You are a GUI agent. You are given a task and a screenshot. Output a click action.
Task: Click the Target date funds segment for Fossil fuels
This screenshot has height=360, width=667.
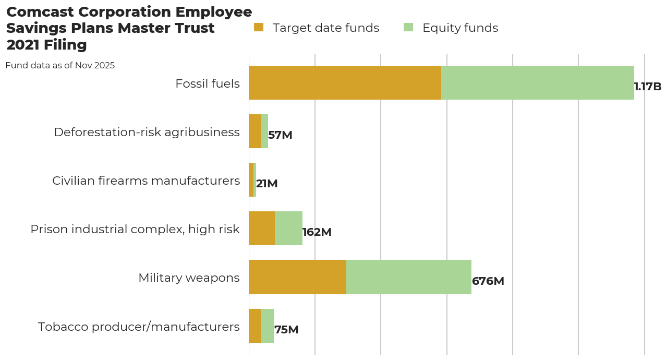[x=345, y=82]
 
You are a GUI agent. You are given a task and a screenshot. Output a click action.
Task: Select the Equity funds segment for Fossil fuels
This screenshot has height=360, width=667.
[x=537, y=82]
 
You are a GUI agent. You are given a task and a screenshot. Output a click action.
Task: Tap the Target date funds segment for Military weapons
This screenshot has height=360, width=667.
[x=297, y=277]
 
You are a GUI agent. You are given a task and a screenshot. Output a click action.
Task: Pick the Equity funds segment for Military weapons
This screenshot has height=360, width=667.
[x=408, y=277]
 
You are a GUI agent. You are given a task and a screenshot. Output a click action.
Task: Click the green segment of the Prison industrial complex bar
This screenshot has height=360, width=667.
[x=288, y=229]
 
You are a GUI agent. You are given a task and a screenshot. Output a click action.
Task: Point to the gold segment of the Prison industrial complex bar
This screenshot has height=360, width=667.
[x=262, y=229]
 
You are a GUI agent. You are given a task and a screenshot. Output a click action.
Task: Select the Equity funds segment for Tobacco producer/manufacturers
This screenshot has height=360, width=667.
[x=268, y=326]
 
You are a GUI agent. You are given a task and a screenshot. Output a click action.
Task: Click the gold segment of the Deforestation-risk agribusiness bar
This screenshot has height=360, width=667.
[x=255, y=131]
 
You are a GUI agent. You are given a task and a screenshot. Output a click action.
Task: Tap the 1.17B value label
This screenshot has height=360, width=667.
[x=647, y=87]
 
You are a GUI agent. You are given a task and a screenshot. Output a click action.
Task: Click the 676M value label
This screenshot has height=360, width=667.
[x=488, y=281]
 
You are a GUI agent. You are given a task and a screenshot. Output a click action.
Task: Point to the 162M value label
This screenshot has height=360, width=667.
[x=317, y=232]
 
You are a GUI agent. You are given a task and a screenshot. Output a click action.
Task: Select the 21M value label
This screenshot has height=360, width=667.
[x=266, y=184]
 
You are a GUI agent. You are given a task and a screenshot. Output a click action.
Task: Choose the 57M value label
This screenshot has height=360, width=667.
[x=280, y=135]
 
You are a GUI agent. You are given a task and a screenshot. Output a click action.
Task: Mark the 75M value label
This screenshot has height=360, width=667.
[x=286, y=330]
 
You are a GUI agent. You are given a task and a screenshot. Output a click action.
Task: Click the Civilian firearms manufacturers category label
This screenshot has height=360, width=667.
[x=146, y=181]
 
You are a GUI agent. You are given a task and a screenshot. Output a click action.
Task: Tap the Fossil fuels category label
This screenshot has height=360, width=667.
[x=208, y=83]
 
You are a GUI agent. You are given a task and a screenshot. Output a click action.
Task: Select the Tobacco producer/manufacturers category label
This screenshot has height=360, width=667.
[x=139, y=327]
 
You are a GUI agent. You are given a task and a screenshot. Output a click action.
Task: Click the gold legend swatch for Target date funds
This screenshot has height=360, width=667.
[x=259, y=27]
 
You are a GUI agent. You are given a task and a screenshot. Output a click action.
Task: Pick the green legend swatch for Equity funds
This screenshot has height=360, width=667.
[x=408, y=27]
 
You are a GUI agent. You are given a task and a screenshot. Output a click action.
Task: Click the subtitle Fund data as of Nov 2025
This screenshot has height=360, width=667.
[x=60, y=66]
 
